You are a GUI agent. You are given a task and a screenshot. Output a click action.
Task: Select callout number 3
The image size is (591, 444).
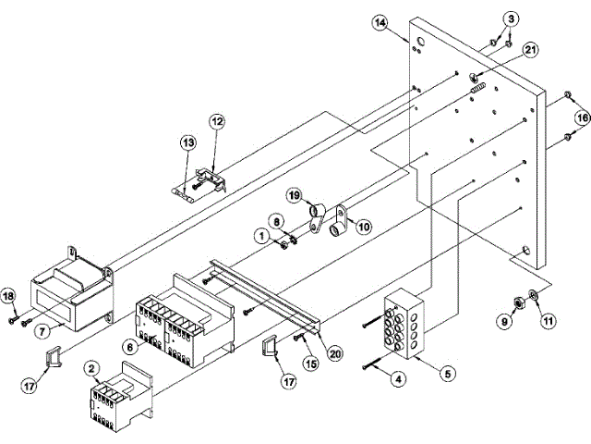coord(513,19)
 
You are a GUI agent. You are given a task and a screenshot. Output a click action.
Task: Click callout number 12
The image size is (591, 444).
coord(217,121)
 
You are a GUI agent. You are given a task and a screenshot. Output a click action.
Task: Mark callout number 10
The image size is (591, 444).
coord(363,225)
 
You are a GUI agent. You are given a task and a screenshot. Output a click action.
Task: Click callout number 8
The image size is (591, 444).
coord(274,220)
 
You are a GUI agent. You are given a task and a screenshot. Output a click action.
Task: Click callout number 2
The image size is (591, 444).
coord(91,368)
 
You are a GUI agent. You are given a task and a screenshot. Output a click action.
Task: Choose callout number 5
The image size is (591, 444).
coord(449,375)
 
